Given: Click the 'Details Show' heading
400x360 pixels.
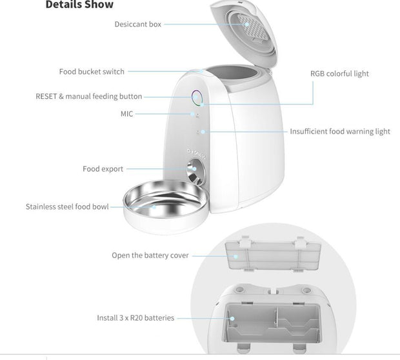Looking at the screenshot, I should click(79, 5).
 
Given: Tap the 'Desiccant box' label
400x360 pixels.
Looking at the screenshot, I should click(137, 25).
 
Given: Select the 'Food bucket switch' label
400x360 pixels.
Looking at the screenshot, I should click(92, 72).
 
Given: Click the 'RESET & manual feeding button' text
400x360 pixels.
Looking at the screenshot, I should click(88, 96).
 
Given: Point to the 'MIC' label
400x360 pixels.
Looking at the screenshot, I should click(126, 114).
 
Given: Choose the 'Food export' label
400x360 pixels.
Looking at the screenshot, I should click(103, 169).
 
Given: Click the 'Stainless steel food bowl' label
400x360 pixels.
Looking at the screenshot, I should click(67, 207).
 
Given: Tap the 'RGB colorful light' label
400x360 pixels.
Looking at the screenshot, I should click(339, 74).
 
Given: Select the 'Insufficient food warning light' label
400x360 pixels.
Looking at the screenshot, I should click(340, 132).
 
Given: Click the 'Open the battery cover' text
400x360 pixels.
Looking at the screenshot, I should click(150, 255).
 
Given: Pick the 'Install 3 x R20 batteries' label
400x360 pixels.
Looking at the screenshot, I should click(135, 318).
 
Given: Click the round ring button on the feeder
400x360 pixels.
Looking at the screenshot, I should click(197, 98).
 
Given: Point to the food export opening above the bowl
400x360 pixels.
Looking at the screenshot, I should click(194, 173).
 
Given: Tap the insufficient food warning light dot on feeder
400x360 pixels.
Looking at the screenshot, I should click(203, 132).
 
